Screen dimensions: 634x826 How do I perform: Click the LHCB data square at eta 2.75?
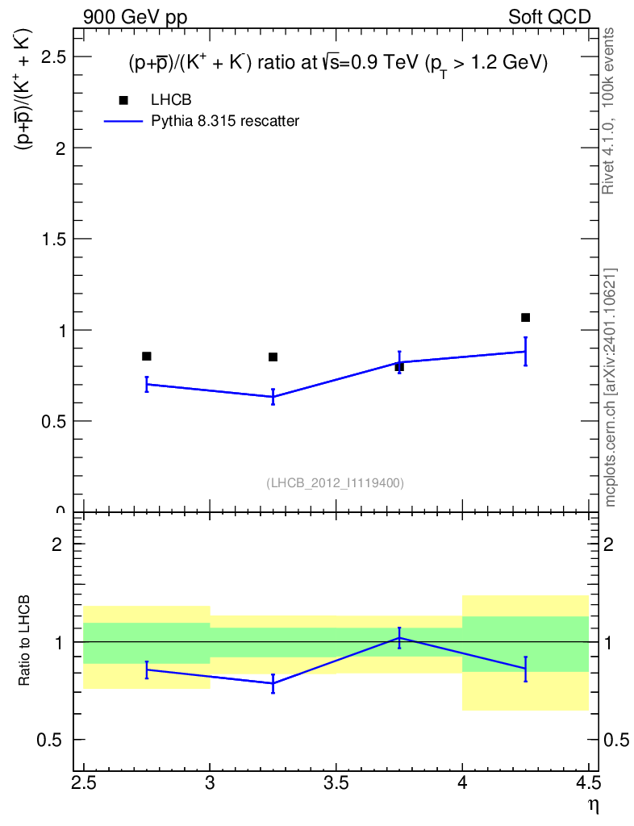(146, 356)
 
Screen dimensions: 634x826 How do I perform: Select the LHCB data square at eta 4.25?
(526, 317)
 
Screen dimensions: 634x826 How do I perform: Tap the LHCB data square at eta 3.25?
(273, 357)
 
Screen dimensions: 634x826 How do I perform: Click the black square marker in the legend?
(123, 100)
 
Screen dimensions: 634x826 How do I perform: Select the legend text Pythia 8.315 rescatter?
(225, 121)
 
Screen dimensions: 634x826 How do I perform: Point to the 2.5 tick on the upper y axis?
(79, 56)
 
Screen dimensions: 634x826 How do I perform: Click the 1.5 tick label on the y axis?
(54, 239)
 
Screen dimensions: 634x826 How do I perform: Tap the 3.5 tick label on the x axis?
(336, 783)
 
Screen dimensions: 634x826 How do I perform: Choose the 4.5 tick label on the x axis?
(589, 783)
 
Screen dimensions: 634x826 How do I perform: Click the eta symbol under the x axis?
(594, 807)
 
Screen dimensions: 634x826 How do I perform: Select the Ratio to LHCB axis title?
(23, 640)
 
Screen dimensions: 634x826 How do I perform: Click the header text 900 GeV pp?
(135, 18)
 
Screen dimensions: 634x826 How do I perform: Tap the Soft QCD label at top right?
(549, 17)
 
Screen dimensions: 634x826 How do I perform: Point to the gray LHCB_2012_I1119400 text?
(336, 483)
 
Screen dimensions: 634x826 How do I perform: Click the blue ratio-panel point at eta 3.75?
(399, 638)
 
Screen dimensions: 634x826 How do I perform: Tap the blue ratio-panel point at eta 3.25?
(273, 683)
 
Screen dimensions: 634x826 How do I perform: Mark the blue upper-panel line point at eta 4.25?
(526, 352)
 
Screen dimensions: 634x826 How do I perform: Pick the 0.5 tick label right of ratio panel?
(615, 740)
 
